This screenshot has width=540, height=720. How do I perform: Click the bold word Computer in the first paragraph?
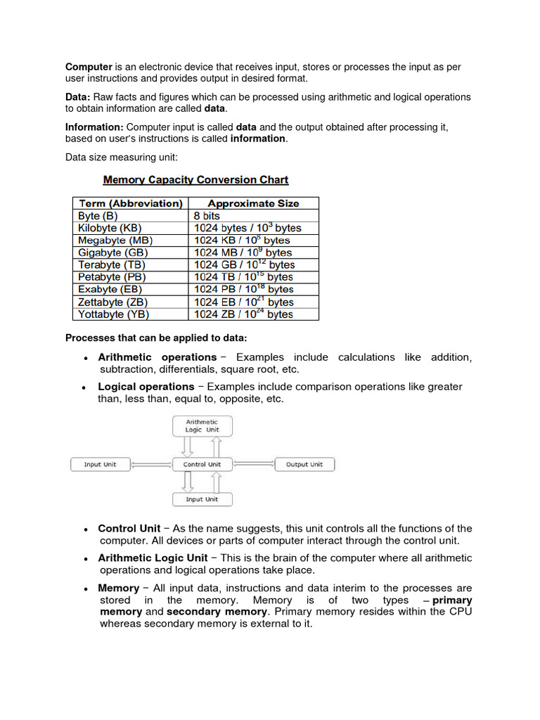point(89,67)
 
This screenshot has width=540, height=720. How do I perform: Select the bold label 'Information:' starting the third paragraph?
point(94,127)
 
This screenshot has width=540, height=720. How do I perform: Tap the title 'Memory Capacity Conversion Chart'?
point(195,180)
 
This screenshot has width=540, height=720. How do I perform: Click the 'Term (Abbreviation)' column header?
point(130,203)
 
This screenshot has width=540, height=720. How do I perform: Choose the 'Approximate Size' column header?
point(253,203)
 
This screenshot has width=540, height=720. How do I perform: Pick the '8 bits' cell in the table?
point(207,216)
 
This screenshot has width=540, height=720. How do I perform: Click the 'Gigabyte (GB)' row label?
point(115,252)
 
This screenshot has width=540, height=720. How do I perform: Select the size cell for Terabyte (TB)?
point(244,265)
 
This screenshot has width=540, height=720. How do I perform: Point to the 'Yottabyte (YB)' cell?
point(114,314)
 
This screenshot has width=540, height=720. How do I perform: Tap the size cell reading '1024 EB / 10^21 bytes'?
point(244,302)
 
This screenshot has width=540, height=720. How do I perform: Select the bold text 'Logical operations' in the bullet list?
point(146,387)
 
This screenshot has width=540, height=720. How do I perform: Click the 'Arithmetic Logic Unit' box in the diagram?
point(202,426)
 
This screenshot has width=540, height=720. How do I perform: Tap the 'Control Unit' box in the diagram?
point(202,464)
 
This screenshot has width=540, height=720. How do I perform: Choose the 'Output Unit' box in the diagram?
point(304,464)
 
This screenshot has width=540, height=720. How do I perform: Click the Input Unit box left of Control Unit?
point(100,464)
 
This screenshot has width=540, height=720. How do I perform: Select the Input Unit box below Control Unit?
point(202,499)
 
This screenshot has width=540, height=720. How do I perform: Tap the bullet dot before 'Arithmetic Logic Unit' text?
point(84,559)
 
